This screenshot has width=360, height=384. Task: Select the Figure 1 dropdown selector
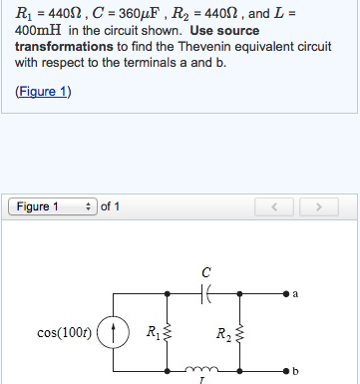point(52,207)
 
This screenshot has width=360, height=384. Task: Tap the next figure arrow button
point(319,207)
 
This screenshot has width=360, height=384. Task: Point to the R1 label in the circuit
point(152,331)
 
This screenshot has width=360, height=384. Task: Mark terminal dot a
point(285,295)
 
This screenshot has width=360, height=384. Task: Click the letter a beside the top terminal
point(295,294)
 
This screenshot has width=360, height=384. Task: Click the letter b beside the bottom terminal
point(295,371)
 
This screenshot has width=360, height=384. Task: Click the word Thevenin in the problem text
point(181,46)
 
